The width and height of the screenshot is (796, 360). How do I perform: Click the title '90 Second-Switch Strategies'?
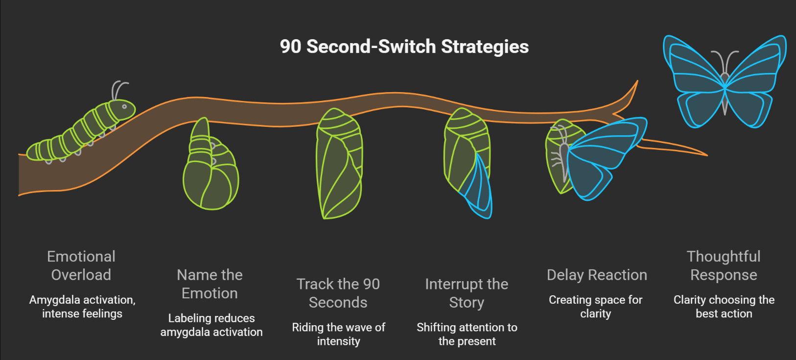click(404, 47)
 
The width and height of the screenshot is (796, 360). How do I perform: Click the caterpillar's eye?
click(124, 106)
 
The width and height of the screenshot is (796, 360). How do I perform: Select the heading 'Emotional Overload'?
click(81, 265)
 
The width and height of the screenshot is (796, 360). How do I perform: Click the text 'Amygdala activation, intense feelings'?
click(82, 307)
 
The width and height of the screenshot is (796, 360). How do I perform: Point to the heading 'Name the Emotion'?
click(210, 284)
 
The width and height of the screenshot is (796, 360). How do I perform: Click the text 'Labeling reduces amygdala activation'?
click(211, 325)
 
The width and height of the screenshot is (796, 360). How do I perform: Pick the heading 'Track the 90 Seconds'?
click(338, 293)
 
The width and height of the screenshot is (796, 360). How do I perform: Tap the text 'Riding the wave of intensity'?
click(339, 334)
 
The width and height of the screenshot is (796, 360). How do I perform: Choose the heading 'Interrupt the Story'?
click(467, 293)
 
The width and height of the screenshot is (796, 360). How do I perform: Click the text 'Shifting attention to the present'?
click(467, 334)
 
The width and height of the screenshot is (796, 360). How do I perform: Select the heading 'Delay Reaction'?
click(597, 275)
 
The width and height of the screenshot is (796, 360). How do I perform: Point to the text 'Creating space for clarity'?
click(596, 307)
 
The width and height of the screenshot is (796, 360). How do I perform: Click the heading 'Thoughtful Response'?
click(724, 265)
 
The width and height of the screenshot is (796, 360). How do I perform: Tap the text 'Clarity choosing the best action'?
click(724, 307)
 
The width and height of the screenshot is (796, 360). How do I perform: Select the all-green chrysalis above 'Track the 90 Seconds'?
click(339, 164)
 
